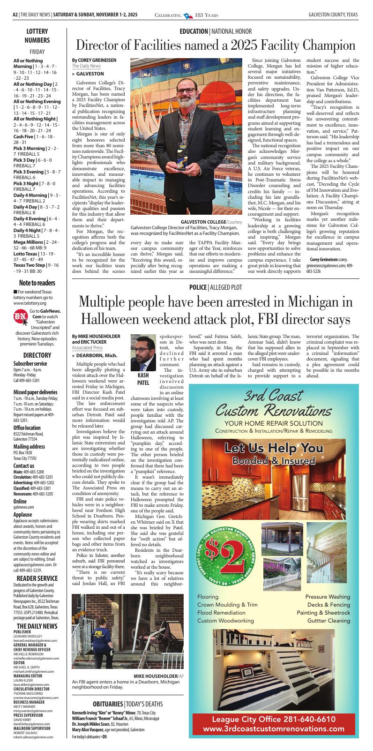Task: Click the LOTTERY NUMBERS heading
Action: click(37, 36)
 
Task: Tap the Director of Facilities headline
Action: click(216, 46)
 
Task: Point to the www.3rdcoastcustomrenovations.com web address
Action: click(274, 729)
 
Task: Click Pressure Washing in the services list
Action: click(328, 597)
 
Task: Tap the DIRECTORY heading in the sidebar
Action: click(37, 355)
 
